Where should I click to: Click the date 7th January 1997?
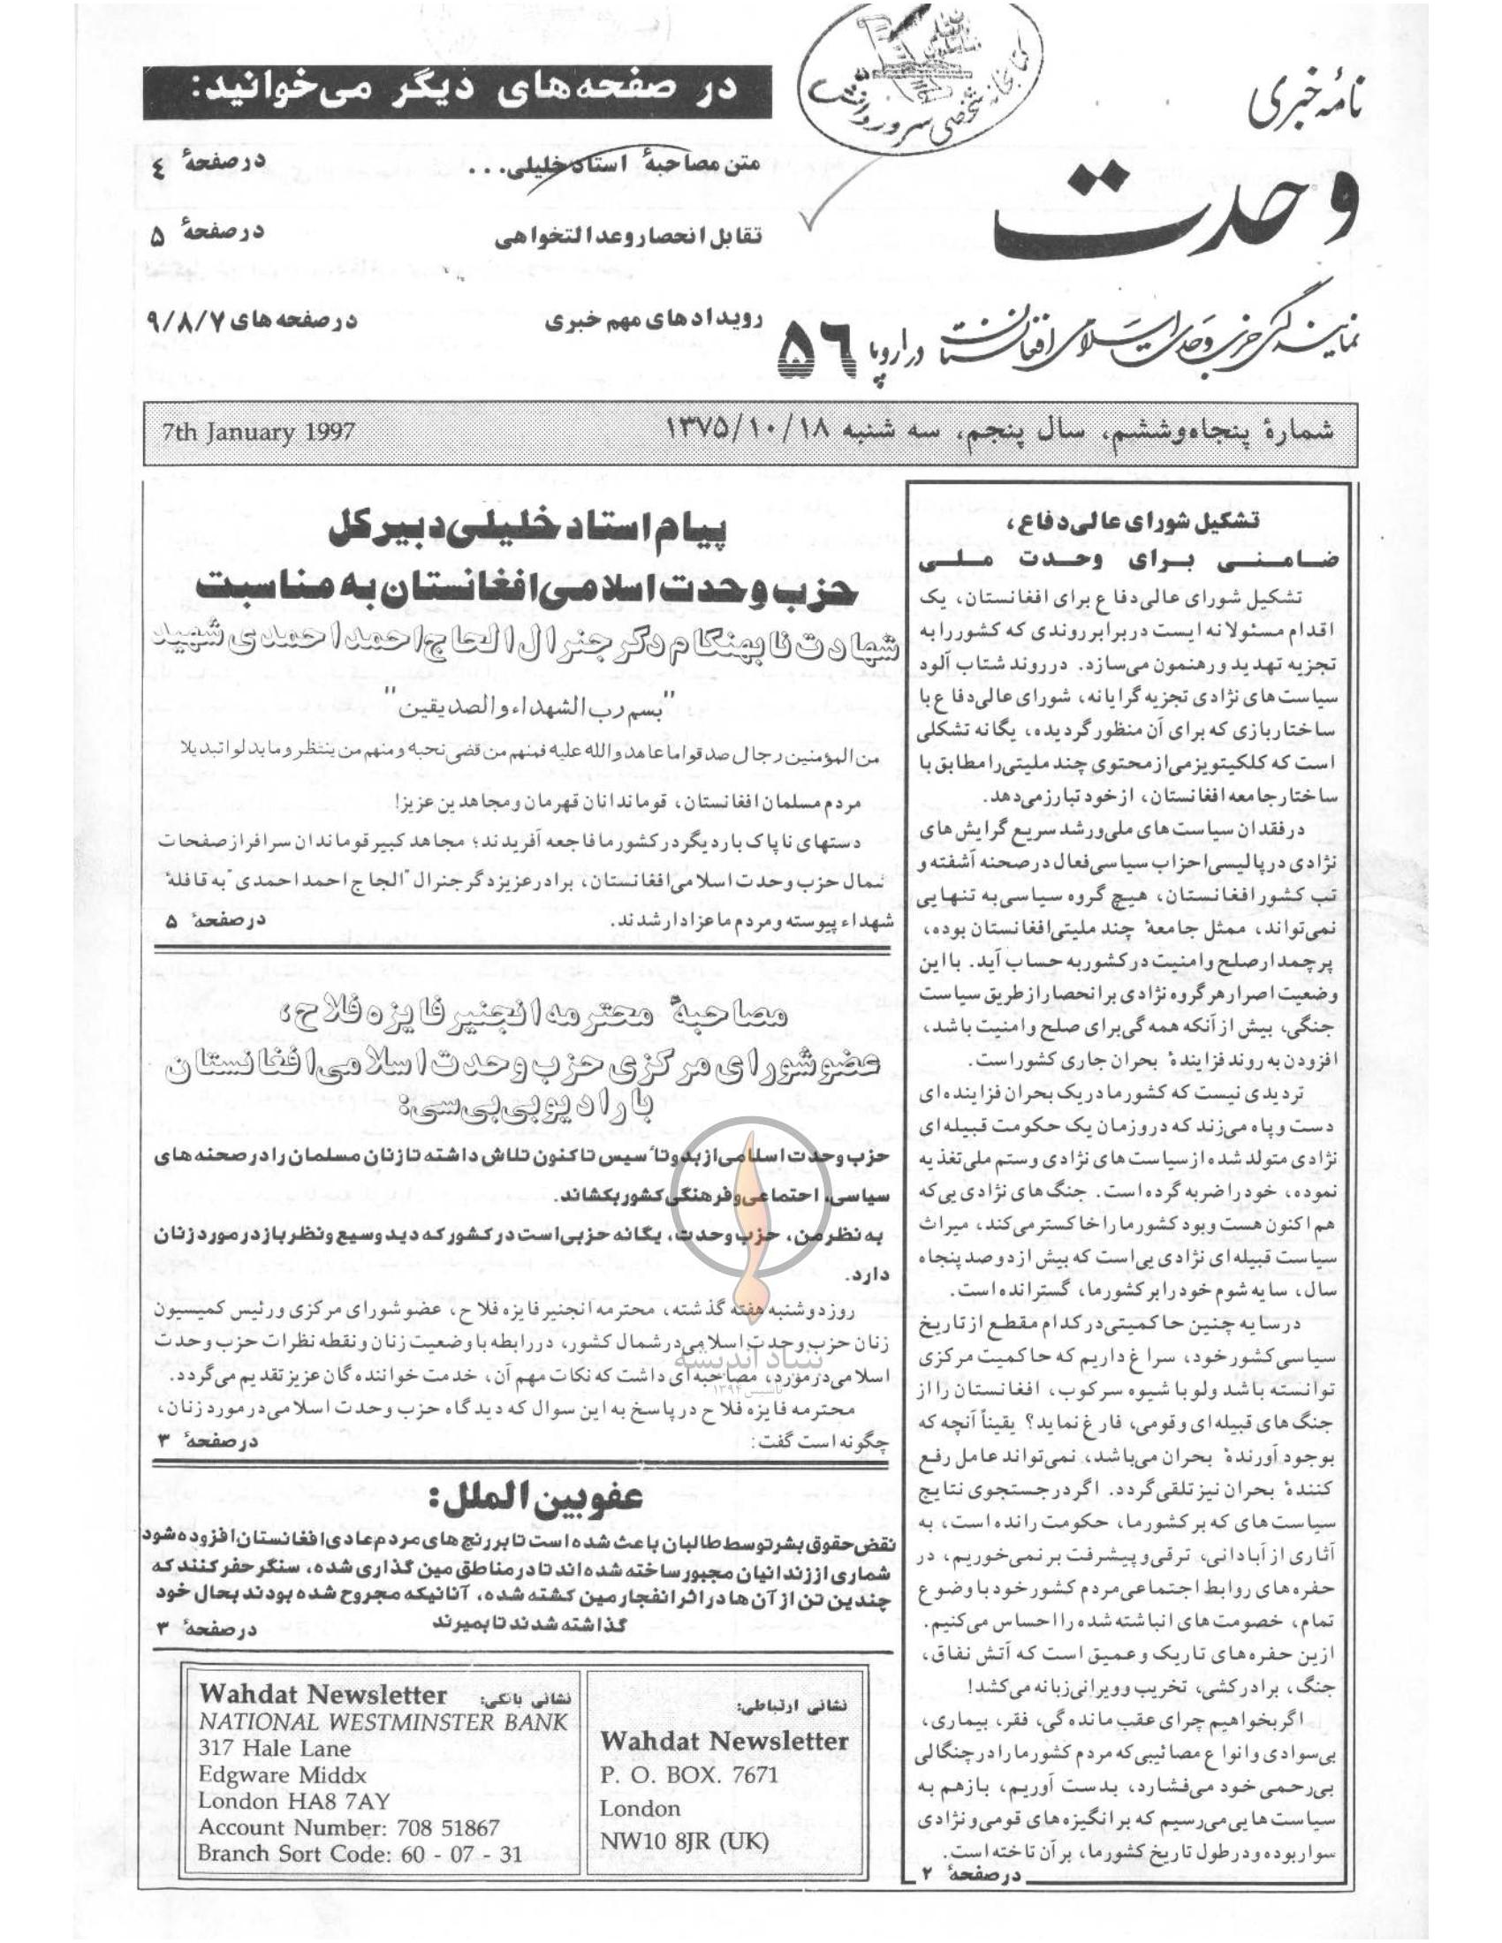pos(258,434)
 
